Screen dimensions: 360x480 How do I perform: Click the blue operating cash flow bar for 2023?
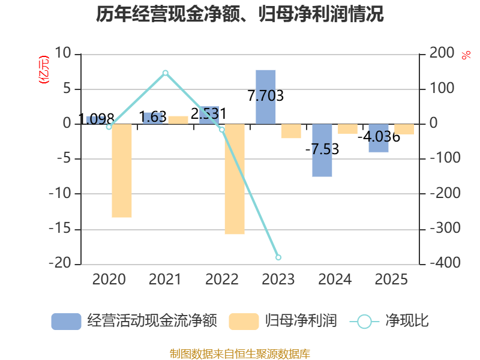coord(266,97)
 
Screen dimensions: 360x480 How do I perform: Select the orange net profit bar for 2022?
coord(235,179)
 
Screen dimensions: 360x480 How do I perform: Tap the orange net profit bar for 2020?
coord(122,171)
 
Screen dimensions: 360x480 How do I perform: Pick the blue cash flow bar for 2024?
coord(322,151)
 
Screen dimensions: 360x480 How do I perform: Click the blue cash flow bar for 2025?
coord(379,138)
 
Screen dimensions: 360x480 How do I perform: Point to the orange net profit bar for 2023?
coord(291,131)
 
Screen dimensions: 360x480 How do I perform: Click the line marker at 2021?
coord(166,73)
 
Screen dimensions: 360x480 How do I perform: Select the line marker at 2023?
coord(278,257)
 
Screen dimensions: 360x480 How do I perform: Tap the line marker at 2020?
coord(109,127)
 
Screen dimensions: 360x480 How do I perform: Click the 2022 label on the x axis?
coord(221,280)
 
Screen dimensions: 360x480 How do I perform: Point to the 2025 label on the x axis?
coord(391,280)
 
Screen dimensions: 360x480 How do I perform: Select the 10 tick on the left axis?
coord(63,53)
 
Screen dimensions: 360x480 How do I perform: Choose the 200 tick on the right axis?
coord(442,53)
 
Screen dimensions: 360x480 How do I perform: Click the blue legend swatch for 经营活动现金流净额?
coord(66,322)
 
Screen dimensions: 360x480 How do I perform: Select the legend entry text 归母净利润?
coord(301,321)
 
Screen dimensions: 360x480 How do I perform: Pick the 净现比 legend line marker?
coord(364,322)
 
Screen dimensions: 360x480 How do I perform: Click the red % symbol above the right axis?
coord(466,55)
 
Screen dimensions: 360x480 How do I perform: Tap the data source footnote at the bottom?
coord(240,354)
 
